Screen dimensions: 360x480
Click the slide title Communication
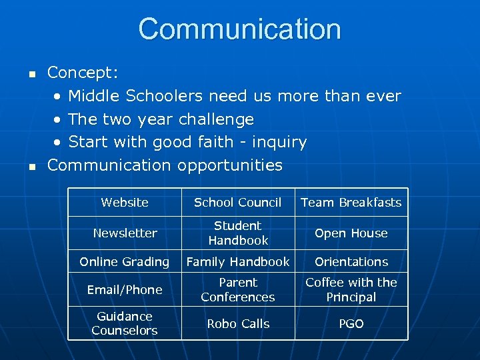coord(240,29)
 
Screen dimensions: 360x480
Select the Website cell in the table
coord(125,203)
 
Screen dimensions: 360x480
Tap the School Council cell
coord(238,203)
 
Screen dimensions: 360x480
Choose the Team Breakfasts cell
coord(351,203)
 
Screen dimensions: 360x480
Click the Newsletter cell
coord(125,233)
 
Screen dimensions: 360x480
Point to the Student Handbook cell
coord(238,233)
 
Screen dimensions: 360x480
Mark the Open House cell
coord(351,233)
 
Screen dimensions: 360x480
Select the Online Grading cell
coord(125,262)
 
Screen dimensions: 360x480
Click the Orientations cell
coord(351,262)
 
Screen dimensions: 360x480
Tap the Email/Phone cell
coord(125,290)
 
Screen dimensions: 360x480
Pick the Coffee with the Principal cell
coord(351,290)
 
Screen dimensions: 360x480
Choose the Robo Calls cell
coord(238,324)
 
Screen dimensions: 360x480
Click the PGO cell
coord(351,324)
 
